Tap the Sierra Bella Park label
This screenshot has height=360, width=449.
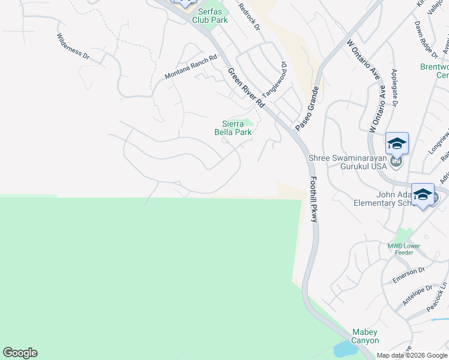pyautogui.click(x=233, y=128)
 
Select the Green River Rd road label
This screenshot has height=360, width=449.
pyautogui.click(x=246, y=88)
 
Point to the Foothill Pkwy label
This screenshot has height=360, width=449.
pyautogui.click(x=313, y=199)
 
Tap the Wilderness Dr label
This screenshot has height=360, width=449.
pyautogui.click(x=73, y=46)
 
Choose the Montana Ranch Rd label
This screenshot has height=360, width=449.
pyautogui.click(x=190, y=67)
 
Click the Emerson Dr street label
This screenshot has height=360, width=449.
pyautogui.click(x=408, y=275)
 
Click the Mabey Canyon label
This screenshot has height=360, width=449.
pyautogui.click(x=366, y=336)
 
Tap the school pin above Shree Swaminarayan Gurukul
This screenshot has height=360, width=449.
pyautogui.click(x=397, y=144)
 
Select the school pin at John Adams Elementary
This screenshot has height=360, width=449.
pyautogui.click(x=423, y=195)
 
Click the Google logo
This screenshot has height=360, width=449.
pyautogui.click(x=20, y=353)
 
